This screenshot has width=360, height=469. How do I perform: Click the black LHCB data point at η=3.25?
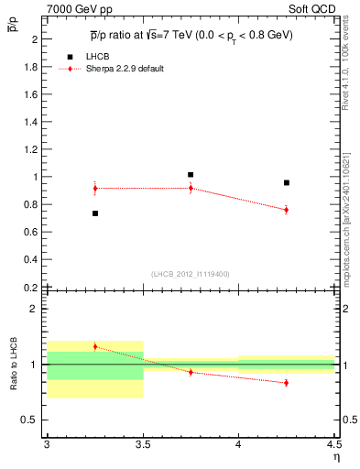[x=94, y=213]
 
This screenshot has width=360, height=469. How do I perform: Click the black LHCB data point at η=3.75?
[x=191, y=174]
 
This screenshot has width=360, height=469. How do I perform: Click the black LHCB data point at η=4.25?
[x=287, y=182]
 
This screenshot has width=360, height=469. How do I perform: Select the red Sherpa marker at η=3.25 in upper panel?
[x=94, y=188]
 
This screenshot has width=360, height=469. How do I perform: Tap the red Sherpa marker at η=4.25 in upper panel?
[x=287, y=210]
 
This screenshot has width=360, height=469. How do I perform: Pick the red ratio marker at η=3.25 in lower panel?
[x=94, y=346]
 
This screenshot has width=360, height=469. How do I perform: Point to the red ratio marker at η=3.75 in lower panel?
[x=191, y=372]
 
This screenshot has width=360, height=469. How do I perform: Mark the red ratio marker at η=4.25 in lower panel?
[x=287, y=383]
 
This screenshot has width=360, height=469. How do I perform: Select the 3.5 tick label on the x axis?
[x=143, y=443]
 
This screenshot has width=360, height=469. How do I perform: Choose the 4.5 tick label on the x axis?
[x=333, y=443]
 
